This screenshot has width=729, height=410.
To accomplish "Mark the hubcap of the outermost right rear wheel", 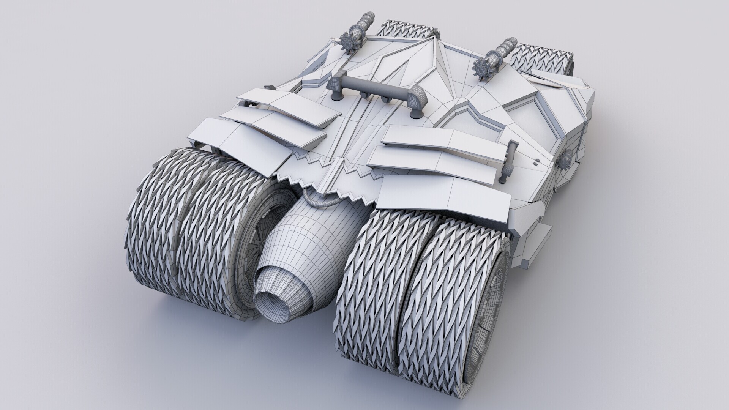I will coord(490,315).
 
